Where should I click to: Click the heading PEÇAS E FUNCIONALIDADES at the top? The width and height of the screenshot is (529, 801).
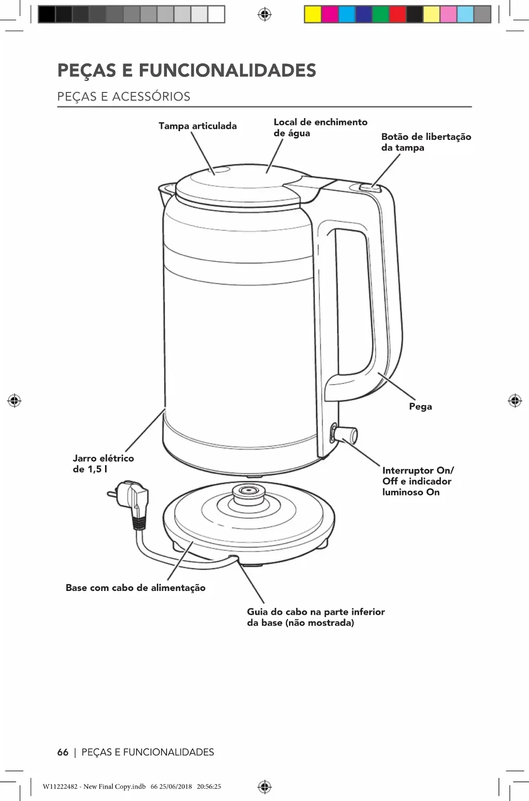[x=186, y=71]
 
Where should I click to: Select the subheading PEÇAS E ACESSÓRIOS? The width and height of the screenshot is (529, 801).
[x=124, y=96]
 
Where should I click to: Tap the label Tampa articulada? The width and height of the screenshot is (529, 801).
[x=197, y=126]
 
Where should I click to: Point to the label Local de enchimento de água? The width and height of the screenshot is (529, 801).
[x=320, y=128]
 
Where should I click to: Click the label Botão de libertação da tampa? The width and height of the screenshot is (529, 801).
[x=426, y=142]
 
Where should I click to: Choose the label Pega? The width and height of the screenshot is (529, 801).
[x=420, y=407]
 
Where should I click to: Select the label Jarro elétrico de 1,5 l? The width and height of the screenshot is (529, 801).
[x=103, y=463]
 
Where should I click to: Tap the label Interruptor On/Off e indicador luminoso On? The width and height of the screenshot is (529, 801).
[x=417, y=481]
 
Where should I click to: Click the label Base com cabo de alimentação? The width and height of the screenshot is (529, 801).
[x=136, y=588]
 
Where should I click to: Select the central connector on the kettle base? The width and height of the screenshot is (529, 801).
[x=249, y=491]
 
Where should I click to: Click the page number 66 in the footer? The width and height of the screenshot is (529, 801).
[x=63, y=752]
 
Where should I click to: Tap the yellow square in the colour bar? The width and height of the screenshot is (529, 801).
[x=313, y=15]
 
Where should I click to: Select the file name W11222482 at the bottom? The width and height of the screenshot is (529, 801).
[x=60, y=786]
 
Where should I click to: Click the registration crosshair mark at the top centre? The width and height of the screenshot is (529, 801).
[x=264, y=15]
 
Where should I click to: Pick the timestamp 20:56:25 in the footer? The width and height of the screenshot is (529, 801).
[x=209, y=786]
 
